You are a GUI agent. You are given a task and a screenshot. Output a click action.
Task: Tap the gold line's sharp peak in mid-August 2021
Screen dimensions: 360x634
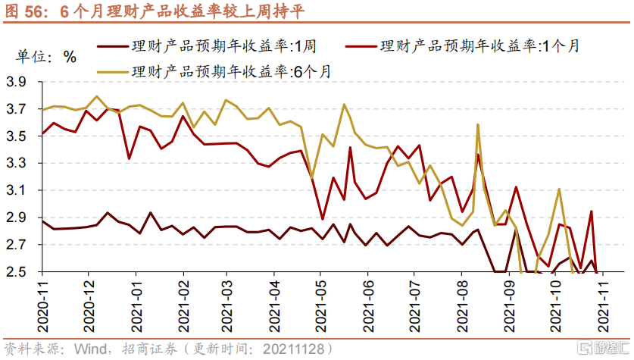click(478, 124)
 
